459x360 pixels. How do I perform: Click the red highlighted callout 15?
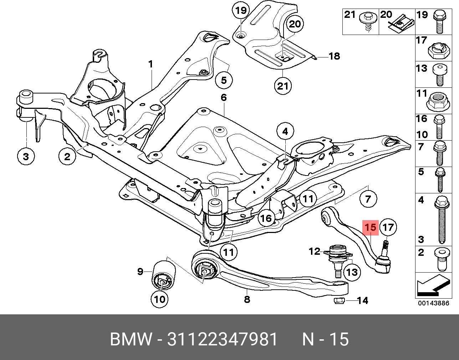[x=371, y=228]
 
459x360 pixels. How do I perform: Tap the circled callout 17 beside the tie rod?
[x=388, y=227]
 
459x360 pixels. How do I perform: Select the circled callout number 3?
[x=26, y=157]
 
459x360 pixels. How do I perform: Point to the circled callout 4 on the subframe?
[x=285, y=131]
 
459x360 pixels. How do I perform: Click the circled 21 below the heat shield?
[x=283, y=86]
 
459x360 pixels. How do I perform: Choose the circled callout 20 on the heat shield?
[x=295, y=24]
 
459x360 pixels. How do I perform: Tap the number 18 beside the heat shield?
[x=335, y=56]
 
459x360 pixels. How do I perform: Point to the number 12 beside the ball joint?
[x=315, y=252]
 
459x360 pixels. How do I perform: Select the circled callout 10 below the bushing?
[x=160, y=299]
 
